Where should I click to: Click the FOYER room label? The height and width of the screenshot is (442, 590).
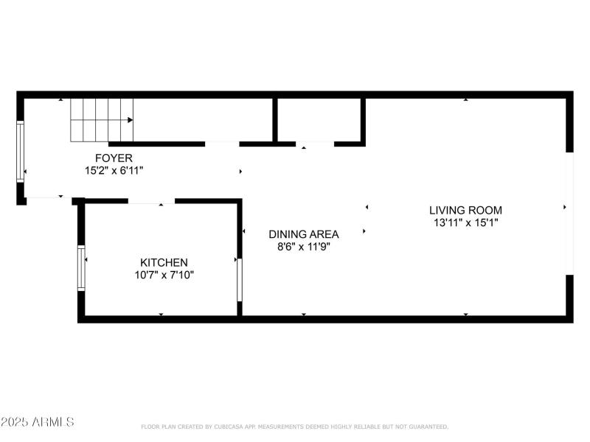click(x=114, y=158)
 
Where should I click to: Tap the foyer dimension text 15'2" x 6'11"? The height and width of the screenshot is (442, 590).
click(x=114, y=170)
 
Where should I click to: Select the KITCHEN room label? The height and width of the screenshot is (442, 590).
click(x=164, y=262)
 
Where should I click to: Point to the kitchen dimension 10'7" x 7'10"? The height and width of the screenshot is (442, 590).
click(x=164, y=275)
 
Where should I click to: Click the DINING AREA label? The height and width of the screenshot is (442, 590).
click(x=303, y=234)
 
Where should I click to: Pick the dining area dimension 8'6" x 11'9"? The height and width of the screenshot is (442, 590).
click(x=303, y=247)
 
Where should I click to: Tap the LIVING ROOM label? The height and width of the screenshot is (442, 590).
click(x=465, y=210)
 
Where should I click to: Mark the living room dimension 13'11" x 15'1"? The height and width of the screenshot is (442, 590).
click(x=465, y=222)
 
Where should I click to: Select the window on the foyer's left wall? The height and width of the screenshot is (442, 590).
click(x=21, y=151)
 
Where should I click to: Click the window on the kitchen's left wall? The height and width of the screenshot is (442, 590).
click(x=81, y=268)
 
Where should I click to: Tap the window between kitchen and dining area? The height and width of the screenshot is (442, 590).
click(x=239, y=278)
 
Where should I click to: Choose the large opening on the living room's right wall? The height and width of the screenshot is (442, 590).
click(x=569, y=214)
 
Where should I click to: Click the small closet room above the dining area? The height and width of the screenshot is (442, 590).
click(x=319, y=119)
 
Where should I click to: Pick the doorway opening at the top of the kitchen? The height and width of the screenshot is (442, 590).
click(x=151, y=200)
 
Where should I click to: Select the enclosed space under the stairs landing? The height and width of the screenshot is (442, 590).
click(x=203, y=119)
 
